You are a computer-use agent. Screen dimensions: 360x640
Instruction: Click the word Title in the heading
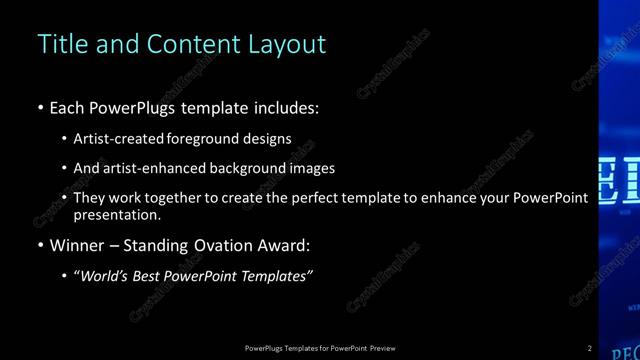[57, 44]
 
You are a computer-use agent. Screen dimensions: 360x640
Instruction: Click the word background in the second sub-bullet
[244, 168]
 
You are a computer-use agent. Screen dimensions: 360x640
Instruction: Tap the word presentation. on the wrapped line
[117, 214]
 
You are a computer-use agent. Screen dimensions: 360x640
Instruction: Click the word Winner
[76, 245]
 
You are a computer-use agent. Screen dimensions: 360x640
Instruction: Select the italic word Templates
[277, 276]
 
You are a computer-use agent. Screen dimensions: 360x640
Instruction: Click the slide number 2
[590, 348]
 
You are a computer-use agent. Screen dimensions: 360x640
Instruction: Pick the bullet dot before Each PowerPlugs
[40, 108]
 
